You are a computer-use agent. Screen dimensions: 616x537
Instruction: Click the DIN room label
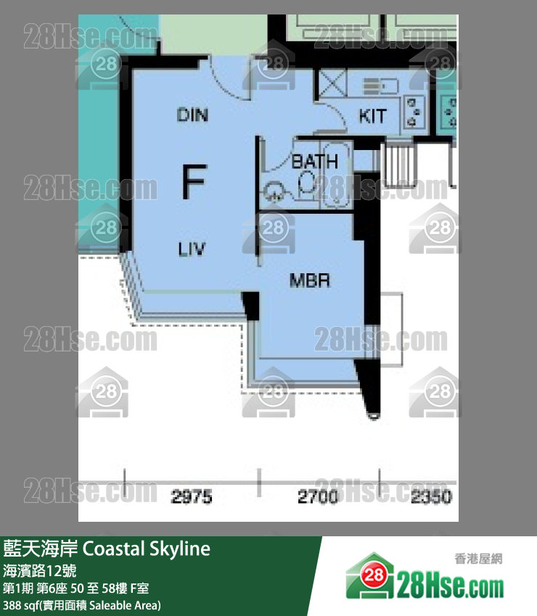pyautogui.click(x=193, y=115)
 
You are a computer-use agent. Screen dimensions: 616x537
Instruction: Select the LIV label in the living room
pyautogui.click(x=192, y=250)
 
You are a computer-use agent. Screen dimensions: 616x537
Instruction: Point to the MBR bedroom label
pyautogui.click(x=310, y=280)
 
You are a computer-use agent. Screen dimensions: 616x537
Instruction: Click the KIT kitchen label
pyautogui.click(x=372, y=116)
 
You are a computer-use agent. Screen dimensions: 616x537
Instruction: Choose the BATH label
pyautogui.click(x=314, y=161)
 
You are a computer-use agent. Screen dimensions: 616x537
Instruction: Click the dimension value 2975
pyautogui.click(x=192, y=497)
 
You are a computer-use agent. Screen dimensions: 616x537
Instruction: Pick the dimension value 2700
pyautogui.click(x=318, y=497)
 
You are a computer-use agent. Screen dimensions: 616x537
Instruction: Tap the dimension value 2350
pyautogui.click(x=431, y=497)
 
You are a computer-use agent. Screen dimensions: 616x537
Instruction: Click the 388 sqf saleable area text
pyautogui.click(x=81, y=604)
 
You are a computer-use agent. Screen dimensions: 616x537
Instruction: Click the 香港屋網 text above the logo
pyautogui.click(x=478, y=559)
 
